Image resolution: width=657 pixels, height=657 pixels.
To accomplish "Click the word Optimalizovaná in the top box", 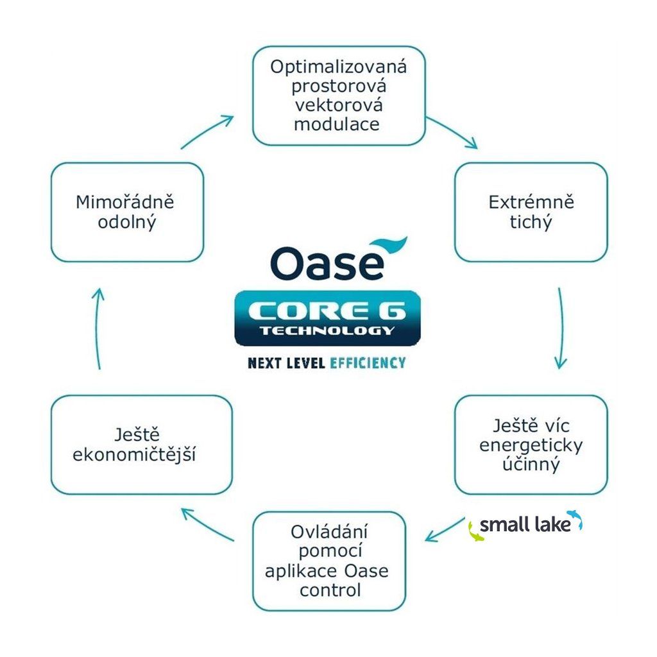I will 338,67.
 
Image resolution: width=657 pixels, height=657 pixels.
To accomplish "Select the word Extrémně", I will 531,203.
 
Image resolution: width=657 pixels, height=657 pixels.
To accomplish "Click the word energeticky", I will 531,445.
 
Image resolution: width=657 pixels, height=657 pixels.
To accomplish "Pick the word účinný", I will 531,464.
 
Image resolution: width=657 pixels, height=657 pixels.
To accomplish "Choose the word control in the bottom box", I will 330,590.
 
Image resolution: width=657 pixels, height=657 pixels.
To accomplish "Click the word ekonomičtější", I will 134,455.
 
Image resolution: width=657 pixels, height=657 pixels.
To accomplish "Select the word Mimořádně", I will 125,203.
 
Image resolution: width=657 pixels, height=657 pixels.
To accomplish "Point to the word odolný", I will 126,223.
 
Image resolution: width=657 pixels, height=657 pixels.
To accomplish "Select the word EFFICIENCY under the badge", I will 368,363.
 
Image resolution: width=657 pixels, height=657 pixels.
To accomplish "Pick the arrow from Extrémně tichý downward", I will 560,327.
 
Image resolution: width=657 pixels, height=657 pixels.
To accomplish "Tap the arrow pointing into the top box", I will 207,132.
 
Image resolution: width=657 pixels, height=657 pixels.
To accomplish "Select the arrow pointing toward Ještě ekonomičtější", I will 207,524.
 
